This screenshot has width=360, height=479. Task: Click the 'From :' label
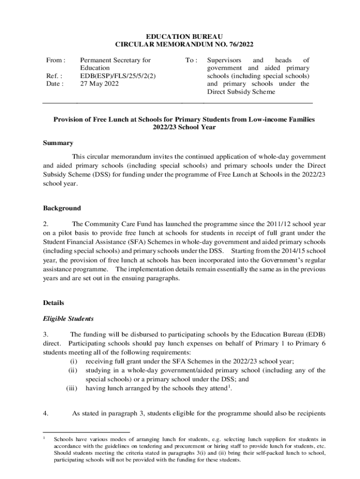click(x=55, y=60)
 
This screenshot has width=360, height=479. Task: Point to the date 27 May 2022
click(x=100, y=84)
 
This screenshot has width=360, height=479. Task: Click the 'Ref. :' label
click(x=54, y=76)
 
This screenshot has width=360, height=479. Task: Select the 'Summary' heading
click(x=58, y=143)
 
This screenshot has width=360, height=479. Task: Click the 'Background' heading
click(x=62, y=208)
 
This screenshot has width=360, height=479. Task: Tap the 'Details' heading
click(x=53, y=303)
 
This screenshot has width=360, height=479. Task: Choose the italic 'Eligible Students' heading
click(x=68, y=319)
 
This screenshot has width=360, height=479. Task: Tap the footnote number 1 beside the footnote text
click(x=44, y=438)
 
